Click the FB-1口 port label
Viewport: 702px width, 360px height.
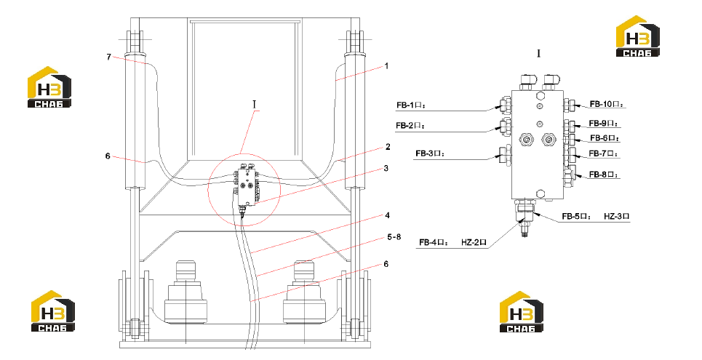(x=410, y=105)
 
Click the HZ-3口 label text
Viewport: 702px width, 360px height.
(x=616, y=216)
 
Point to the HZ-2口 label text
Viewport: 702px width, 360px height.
(x=474, y=243)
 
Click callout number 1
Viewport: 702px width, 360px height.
(x=386, y=66)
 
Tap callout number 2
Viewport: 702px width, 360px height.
(x=388, y=146)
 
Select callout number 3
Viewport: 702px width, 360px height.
(x=386, y=168)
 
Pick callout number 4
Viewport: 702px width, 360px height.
(x=387, y=215)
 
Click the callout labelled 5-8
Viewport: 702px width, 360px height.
(x=394, y=237)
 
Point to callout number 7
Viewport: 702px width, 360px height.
(x=109, y=57)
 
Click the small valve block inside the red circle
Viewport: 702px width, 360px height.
(x=247, y=186)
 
